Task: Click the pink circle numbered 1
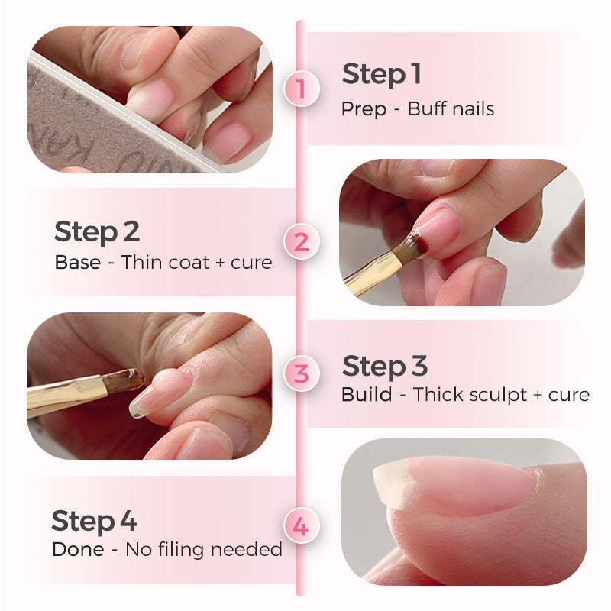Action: tap(300, 89)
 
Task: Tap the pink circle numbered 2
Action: tap(301, 242)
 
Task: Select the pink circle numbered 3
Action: tap(301, 374)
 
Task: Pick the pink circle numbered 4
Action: tap(301, 527)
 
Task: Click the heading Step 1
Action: tap(381, 75)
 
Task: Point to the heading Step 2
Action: tap(97, 231)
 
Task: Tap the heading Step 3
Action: tap(384, 367)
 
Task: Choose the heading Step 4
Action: tap(94, 521)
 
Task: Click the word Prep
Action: tap(364, 109)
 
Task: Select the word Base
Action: tap(77, 263)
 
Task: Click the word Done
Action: tap(78, 549)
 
